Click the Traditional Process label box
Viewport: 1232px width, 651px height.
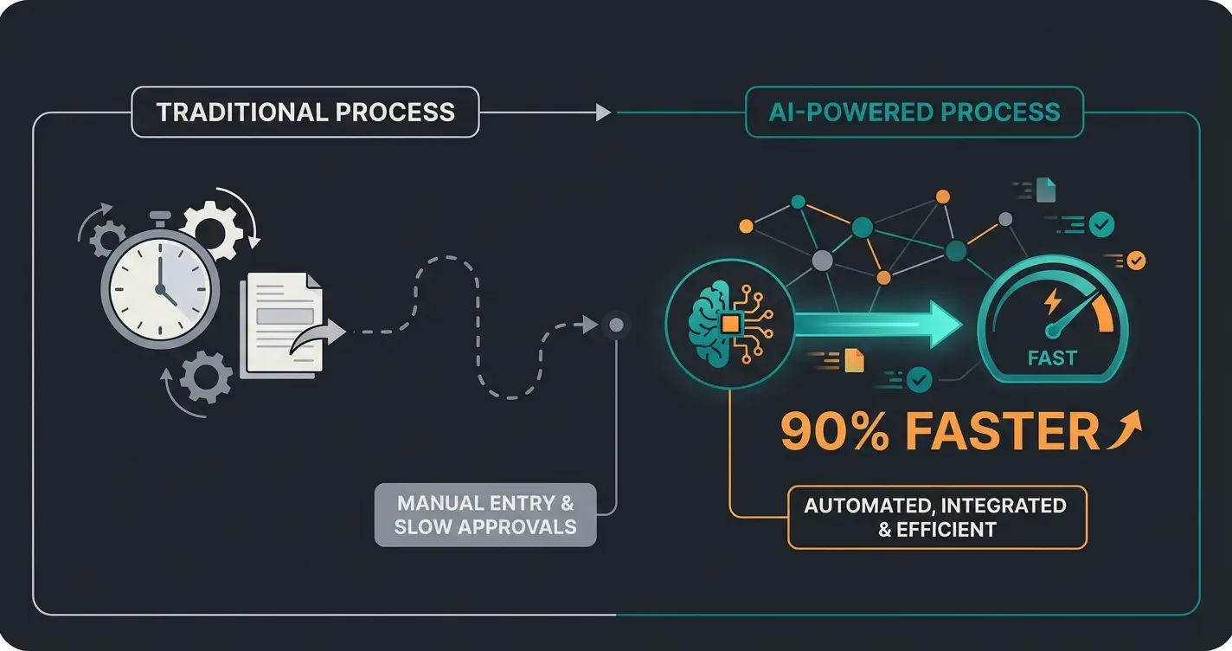(x=305, y=112)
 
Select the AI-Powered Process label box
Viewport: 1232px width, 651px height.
(x=914, y=112)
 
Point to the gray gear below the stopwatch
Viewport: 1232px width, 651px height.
(x=205, y=377)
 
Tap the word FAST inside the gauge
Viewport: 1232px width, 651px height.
(x=1052, y=358)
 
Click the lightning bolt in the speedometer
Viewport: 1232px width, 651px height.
(x=1053, y=300)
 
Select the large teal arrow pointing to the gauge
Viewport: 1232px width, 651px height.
(x=874, y=325)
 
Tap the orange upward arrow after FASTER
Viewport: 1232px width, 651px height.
(x=1125, y=429)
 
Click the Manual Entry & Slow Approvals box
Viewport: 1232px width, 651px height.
(x=485, y=514)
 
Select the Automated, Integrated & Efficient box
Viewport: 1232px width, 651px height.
(x=937, y=517)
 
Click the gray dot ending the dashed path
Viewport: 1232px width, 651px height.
(x=616, y=325)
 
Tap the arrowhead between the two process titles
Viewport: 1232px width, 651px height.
(x=603, y=113)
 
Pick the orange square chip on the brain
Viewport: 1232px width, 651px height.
(x=731, y=324)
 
